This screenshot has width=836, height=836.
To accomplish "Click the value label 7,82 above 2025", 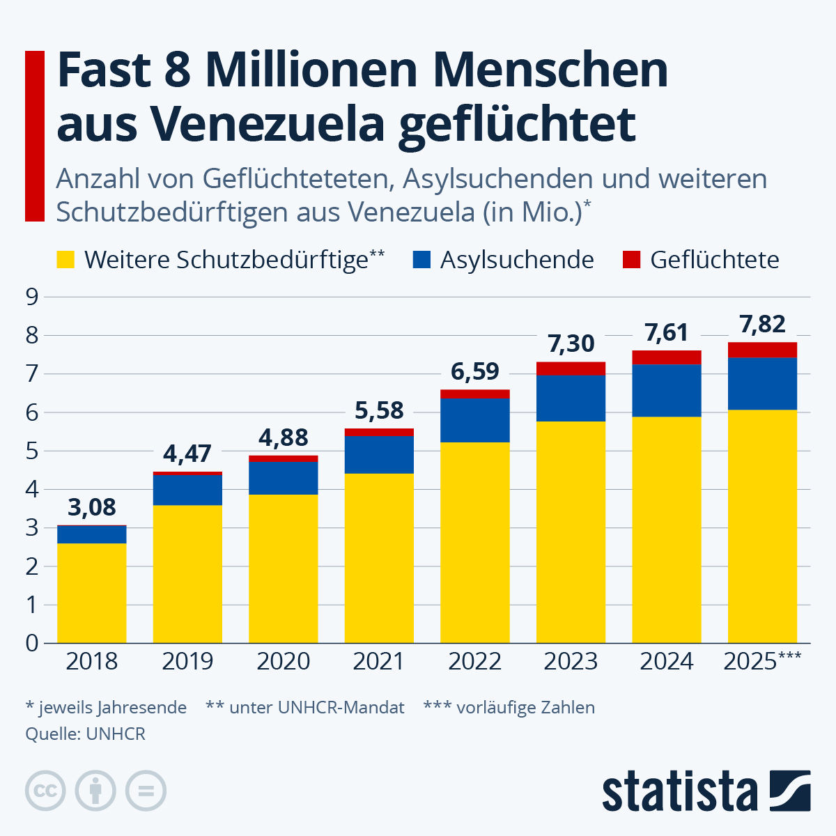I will pyautogui.click(x=762, y=324).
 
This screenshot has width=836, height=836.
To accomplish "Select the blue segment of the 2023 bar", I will pyautogui.click(x=571, y=398).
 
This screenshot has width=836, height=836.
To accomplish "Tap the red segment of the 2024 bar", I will pyautogui.click(x=666, y=357).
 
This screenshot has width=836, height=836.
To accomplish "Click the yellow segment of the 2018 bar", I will pyautogui.click(x=91, y=592).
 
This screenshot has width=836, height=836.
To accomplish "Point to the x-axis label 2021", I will pyautogui.click(x=378, y=661).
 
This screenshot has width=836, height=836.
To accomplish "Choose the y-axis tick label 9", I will pyautogui.click(x=31, y=297).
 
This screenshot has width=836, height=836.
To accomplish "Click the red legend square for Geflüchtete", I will pyautogui.click(x=631, y=260).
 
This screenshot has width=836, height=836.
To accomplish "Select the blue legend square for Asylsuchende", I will pyautogui.click(x=421, y=260).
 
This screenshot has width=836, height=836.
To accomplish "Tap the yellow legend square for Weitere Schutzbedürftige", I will pyautogui.click(x=65, y=260).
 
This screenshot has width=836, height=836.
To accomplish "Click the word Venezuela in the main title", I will pyautogui.click(x=268, y=123).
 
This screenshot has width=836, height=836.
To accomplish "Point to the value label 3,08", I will pyautogui.click(x=91, y=506).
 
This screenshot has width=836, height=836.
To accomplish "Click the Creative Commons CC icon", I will pyautogui.click(x=45, y=791).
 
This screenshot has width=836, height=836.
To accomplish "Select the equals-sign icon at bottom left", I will pyautogui.click(x=146, y=791).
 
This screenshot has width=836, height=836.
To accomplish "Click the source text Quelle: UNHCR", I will pyautogui.click(x=85, y=734).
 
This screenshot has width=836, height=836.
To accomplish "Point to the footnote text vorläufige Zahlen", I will pyautogui.click(x=525, y=708).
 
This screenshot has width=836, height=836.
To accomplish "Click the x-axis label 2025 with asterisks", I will pyautogui.click(x=762, y=661).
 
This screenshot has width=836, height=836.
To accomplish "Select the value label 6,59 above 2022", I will pyautogui.click(x=474, y=371).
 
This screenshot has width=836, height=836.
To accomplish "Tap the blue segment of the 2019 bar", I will pyautogui.click(x=187, y=489).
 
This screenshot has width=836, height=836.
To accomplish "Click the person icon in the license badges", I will pyautogui.click(x=95, y=791).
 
